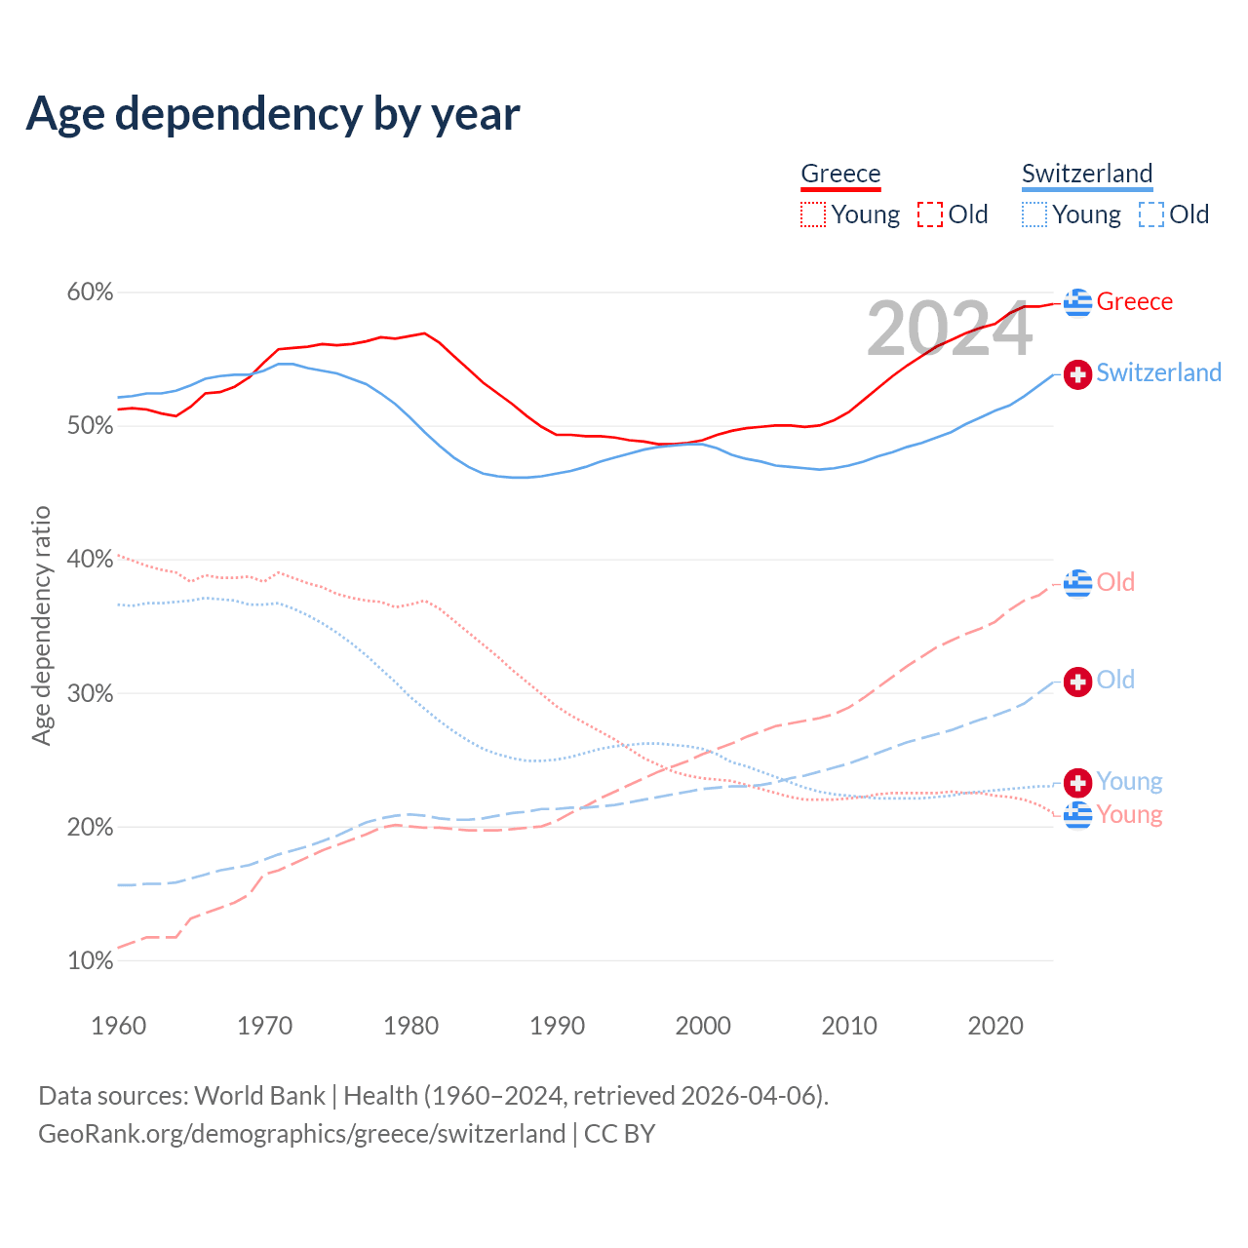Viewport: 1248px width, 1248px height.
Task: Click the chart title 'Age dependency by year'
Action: tap(273, 113)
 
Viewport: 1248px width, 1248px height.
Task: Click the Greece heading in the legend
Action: tap(840, 174)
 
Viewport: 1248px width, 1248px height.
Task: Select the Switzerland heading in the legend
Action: tap(1087, 174)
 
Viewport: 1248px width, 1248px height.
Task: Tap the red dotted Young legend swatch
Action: tap(813, 214)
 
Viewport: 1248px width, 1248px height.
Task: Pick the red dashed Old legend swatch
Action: tap(930, 214)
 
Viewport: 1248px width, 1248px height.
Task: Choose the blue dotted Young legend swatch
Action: tap(1034, 214)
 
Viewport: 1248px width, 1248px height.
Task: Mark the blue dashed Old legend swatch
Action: tap(1151, 214)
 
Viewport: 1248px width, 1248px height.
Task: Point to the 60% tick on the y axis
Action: tap(90, 292)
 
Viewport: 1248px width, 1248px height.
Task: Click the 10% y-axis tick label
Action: tap(90, 961)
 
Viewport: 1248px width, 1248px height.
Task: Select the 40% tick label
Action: tap(90, 560)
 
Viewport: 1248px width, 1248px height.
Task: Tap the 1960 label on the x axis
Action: tap(118, 1026)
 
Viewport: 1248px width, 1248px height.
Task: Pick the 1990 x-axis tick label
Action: tap(557, 1026)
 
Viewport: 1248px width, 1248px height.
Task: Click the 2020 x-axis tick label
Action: tap(995, 1026)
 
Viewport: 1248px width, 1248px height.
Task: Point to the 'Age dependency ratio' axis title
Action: tap(41, 625)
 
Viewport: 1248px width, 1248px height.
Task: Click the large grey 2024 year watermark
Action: tap(949, 330)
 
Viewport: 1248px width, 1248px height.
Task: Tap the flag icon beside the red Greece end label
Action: tap(1077, 302)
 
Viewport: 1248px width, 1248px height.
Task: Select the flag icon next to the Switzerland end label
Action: tap(1077, 373)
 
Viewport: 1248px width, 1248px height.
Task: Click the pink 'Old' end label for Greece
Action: tap(1115, 582)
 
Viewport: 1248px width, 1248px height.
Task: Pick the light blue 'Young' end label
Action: tap(1129, 781)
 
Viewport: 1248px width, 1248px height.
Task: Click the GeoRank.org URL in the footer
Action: tap(301, 1134)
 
